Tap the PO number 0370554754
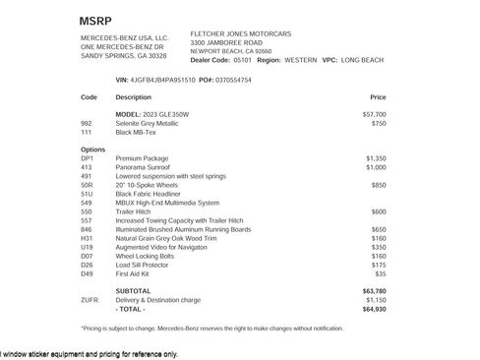[232, 79]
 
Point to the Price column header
[378, 97]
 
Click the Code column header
[89, 97]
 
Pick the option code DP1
[87, 157]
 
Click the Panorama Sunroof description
[144, 166]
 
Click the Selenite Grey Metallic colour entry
[148, 123]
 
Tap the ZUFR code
[90, 300]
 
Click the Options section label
[92, 149]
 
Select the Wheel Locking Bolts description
[149, 255]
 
